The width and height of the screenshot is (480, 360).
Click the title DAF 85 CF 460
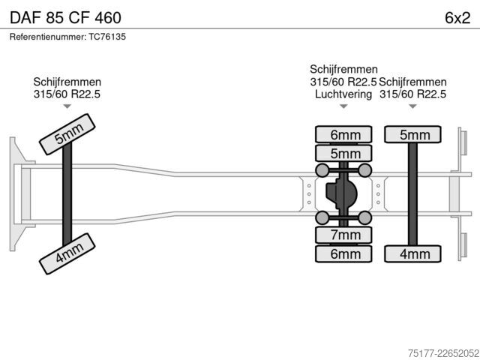click(x=65, y=18)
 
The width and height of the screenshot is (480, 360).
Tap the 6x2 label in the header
click(x=457, y=18)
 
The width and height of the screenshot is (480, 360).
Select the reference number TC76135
click(x=107, y=37)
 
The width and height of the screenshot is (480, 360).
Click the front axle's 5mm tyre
click(x=67, y=134)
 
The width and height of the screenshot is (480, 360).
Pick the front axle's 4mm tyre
click(x=67, y=253)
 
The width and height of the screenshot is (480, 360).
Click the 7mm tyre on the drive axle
click(x=343, y=235)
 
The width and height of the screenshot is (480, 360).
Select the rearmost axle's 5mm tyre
click(x=413, y=134)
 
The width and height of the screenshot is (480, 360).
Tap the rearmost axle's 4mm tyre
click(x=413, y=253)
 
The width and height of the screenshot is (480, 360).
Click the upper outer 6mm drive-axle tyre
click(x=343, y=134)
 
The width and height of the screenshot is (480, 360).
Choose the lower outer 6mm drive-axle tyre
click(x=343, y=253)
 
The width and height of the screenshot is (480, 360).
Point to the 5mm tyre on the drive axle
click(x=343, y=153)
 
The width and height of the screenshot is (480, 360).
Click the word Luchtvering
click(x=343, y=94)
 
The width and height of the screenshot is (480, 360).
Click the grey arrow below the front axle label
click(x=67, y=106)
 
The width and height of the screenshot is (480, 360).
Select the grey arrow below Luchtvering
click(x=343, y=106)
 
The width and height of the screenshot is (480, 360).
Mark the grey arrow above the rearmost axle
click(x=413, y=106)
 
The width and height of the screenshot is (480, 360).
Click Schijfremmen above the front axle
click(x=67, y=82)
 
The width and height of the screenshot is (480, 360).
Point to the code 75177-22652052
click(x=443, y=353)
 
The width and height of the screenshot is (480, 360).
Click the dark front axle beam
click(x=67, y=194)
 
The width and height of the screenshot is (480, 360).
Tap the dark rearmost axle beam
click(x=413, y=194)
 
